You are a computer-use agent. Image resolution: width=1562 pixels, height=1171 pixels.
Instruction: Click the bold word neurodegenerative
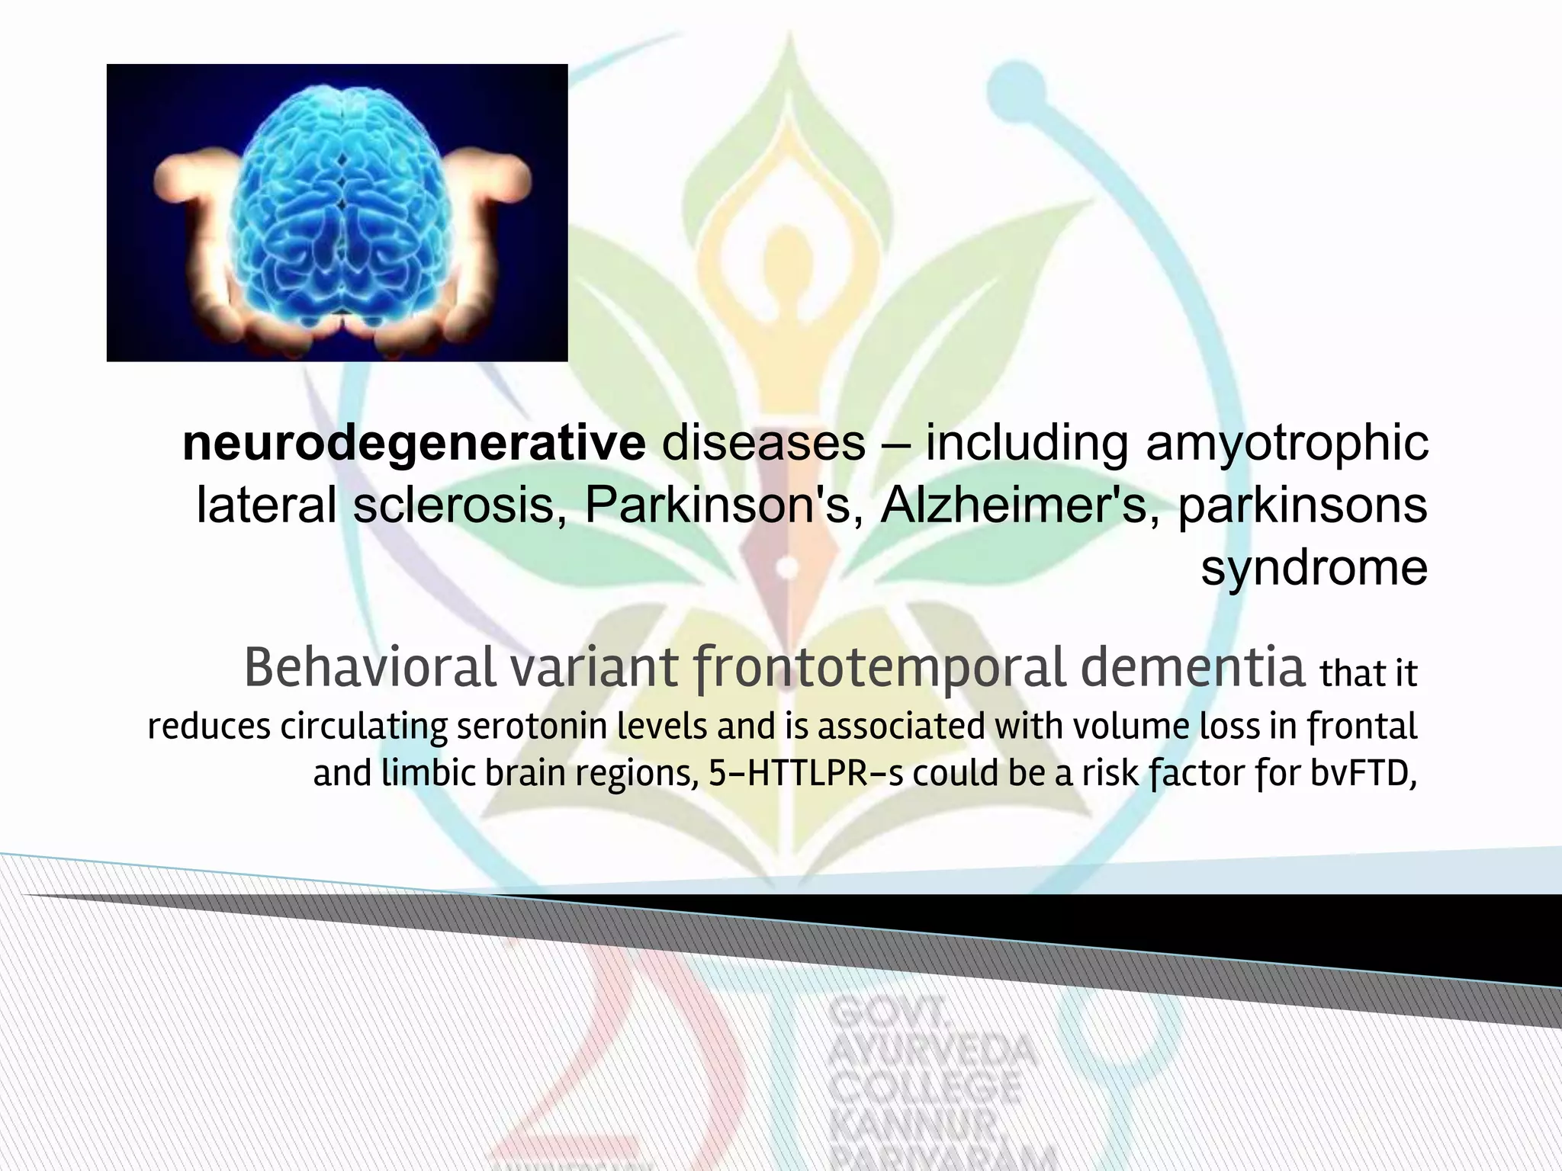point(413,444)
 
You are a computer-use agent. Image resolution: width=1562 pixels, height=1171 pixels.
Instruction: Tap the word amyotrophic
point(1287,444)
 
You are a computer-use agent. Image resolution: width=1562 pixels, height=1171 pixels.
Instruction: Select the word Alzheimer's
point(1014,505)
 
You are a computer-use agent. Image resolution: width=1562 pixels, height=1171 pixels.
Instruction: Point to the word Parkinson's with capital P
point(717,505)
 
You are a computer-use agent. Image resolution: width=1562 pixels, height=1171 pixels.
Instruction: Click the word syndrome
point(1314,567)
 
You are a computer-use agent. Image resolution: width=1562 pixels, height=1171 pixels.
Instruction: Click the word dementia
point(1194,668)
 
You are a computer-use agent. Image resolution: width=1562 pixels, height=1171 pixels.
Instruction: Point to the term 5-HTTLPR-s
point(805,774)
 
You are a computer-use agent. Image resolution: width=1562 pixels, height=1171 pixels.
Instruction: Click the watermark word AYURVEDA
point(932,1054)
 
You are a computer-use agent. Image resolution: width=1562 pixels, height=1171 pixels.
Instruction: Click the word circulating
point(364,726)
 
